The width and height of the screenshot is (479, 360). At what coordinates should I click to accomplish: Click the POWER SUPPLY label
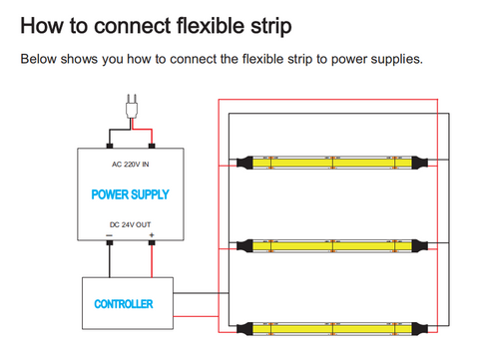130,194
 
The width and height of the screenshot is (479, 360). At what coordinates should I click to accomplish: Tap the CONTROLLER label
124,304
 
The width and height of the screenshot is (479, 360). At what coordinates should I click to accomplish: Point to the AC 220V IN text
130,165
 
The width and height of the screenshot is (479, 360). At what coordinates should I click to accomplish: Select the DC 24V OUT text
130,224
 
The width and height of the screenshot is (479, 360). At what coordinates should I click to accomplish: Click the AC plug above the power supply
132,107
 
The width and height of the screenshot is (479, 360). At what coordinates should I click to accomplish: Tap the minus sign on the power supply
110,235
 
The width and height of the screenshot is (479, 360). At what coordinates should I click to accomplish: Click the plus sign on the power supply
152,235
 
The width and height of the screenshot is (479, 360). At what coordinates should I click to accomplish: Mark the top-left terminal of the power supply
110,146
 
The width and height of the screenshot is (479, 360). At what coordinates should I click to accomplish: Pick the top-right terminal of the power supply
152,146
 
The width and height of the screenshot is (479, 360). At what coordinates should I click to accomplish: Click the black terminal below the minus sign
110,242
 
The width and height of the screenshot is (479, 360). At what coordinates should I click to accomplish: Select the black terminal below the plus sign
152,242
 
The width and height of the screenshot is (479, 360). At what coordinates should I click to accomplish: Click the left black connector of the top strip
244,163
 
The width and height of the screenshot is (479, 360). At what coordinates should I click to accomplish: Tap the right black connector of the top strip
419,163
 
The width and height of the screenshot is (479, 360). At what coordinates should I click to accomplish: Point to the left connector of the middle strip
244,245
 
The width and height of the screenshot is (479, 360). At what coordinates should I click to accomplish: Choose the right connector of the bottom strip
419,329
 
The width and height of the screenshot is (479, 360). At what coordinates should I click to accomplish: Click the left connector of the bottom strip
244,329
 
